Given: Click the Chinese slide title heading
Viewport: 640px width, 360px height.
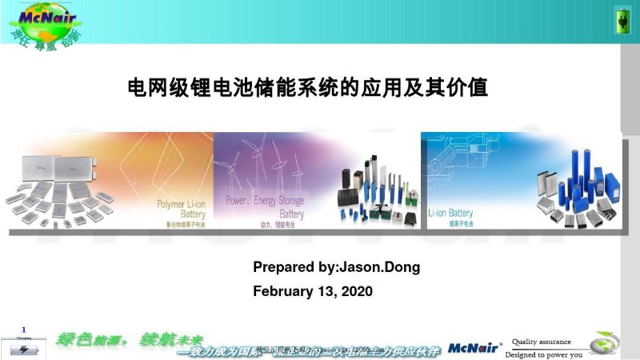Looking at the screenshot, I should click(308, 87).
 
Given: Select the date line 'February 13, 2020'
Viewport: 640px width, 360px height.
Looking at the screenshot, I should click(313, 291).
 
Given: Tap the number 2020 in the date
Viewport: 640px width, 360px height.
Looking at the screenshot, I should click(357, 291).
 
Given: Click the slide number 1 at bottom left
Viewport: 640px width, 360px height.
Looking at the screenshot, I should click(24, 330).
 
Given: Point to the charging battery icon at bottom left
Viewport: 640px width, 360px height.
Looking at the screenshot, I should click(23, 349).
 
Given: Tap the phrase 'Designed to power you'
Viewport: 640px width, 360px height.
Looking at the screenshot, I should click(543, 354).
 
